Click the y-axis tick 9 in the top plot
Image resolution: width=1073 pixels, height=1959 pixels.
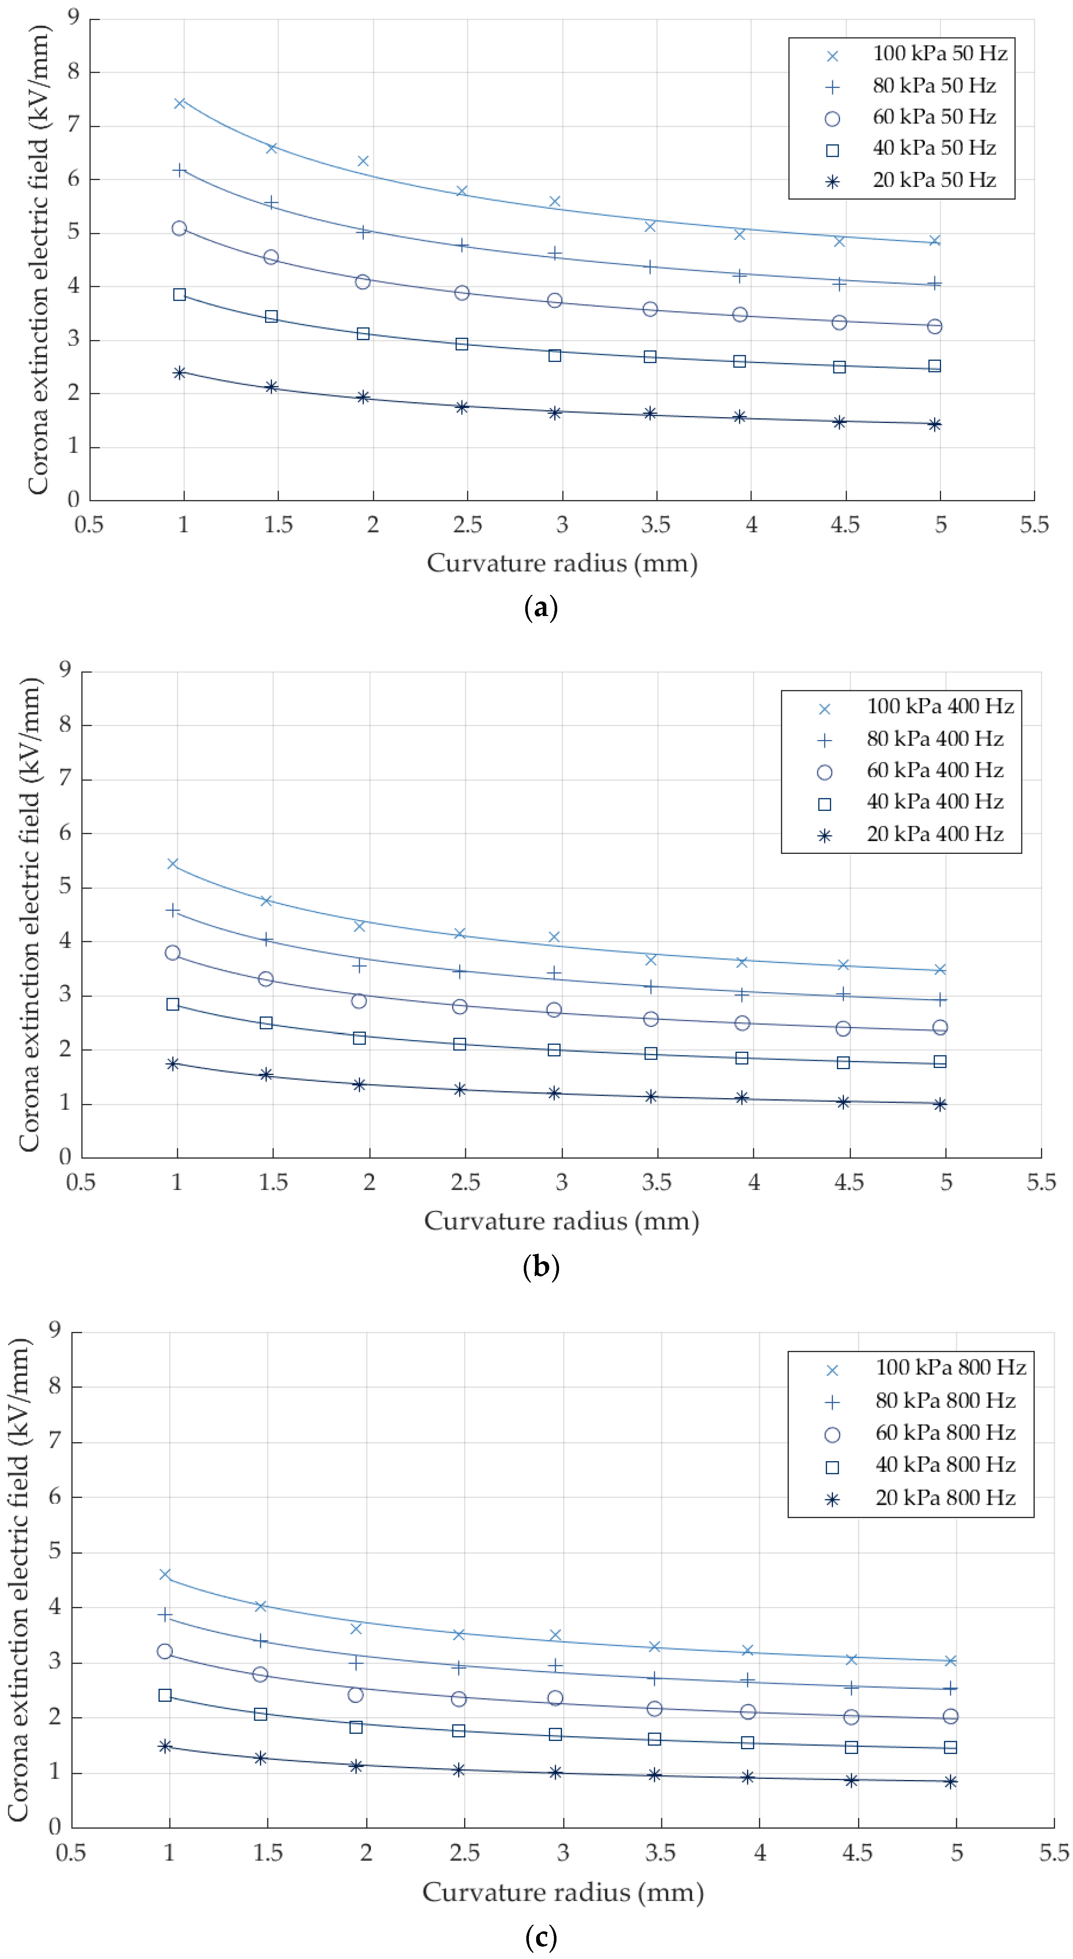(73, 17)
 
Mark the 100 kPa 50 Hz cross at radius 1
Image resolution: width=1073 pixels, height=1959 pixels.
(179, 103)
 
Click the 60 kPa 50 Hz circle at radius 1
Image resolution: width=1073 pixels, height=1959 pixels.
(179, 228)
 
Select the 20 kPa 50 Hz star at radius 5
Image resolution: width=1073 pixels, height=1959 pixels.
(934, 424)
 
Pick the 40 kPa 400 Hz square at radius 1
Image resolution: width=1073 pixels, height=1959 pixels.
(173, 1004)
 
